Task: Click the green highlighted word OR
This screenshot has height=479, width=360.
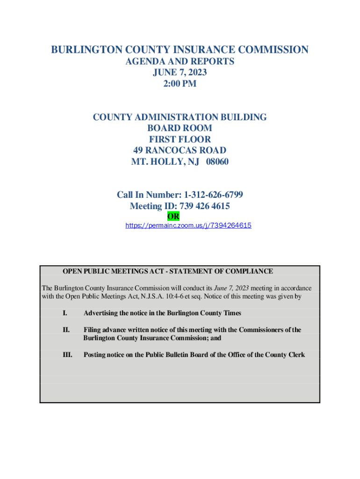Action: [173, 217]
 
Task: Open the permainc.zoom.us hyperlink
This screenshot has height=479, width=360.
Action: [188, 225]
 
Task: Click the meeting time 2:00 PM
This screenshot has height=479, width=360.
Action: [180, 84]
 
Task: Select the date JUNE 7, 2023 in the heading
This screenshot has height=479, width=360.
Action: [180, 73]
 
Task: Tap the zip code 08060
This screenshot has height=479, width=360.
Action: [217, 162]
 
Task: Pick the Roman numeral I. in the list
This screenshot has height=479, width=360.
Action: [65, 313]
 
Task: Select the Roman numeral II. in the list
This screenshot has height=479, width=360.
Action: [66, 330]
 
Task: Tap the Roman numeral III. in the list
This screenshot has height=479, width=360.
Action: [67, 355]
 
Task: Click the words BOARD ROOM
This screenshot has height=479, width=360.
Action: [180, 128]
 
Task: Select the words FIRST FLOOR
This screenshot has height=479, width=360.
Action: [180, 139]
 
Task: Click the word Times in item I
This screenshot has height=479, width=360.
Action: [231, 313]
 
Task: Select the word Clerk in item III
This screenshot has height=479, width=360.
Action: [295, 355]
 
